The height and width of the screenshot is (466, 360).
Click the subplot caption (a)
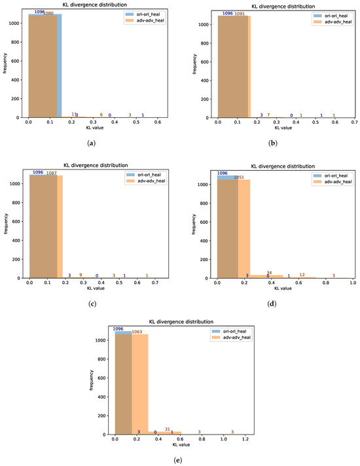click(x=88, y=143)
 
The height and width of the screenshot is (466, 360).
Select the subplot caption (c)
click(x=88, y=304)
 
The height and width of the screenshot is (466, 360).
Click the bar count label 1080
click(x=48, y=13)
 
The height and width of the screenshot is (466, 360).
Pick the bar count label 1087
click(x=51, y=173)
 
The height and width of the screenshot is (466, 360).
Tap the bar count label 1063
click(x=137, y=332)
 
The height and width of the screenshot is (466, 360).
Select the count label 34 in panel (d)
click(x=269, y=272)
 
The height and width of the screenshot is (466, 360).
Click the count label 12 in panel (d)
click(x=302, y=275)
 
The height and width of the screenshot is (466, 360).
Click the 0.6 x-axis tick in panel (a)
click(x=158, y=123)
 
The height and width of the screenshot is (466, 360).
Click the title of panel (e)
click(x=181, y=322)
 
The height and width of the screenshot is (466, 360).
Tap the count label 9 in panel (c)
click(x=81, y=276)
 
